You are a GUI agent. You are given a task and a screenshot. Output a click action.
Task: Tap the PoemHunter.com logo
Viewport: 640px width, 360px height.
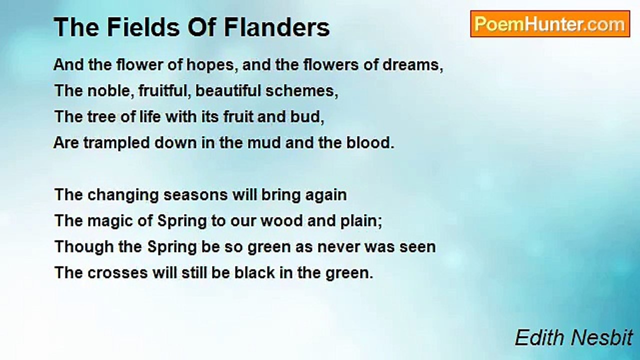pyautogui.click(x=549, y=24)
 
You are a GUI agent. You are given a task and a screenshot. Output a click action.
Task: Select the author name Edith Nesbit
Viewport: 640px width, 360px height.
pyautogui.click(x=573, y=338)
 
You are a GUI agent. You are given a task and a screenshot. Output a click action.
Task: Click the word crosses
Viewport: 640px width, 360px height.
pyautogui.click(x=115, y=273)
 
